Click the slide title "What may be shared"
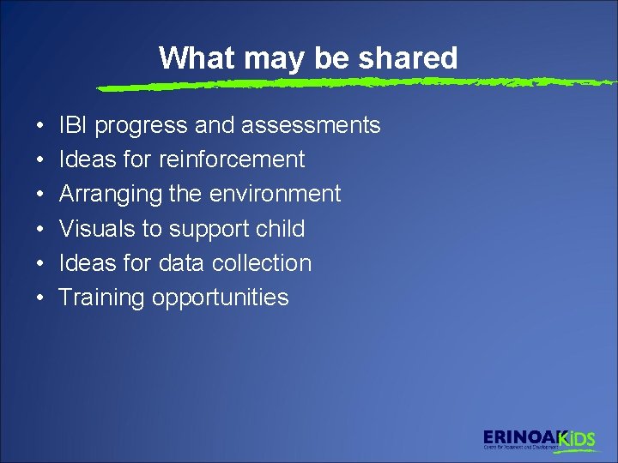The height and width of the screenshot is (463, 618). point(308,58)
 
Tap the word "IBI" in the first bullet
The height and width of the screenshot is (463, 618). point(73,125)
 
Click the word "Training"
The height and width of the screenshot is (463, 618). point(101,298)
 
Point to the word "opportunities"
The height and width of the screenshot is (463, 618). point(220,298)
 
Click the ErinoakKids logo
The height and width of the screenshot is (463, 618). point(538,439)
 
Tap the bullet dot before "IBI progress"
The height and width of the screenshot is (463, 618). point(41,127)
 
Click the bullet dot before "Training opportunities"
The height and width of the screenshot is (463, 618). point(41,299)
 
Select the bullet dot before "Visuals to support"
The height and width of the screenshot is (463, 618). point(41,230)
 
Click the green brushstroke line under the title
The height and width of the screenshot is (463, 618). point(343,84)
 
